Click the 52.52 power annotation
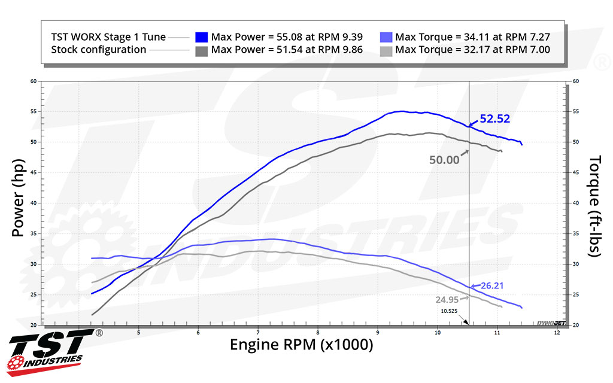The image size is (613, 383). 494,119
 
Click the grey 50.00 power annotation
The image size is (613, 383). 444,159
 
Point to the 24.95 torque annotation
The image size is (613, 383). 448,299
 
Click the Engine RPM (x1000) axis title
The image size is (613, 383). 301,345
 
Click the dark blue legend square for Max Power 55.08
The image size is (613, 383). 201,37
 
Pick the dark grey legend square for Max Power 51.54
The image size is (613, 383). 201,50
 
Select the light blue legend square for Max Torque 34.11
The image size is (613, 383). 386,37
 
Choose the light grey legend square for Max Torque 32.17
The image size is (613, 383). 386,50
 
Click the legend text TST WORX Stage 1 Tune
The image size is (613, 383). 108,37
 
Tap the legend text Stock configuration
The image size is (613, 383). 99,50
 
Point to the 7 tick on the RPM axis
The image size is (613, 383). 258,332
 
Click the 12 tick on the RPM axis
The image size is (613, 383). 557,332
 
